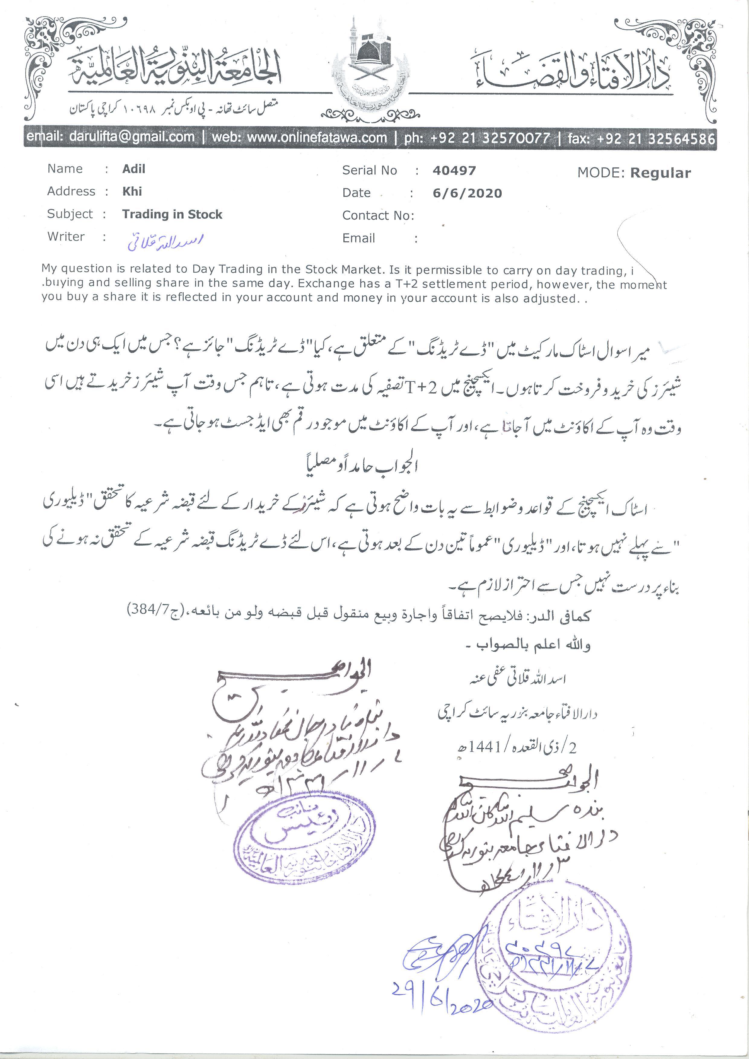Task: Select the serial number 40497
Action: (454, 171)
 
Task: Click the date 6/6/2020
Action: (467, 193)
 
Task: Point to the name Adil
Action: (134, 169)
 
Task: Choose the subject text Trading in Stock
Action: (172, 214)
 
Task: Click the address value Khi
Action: (132, 191)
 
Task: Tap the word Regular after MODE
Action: (661, 173)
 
